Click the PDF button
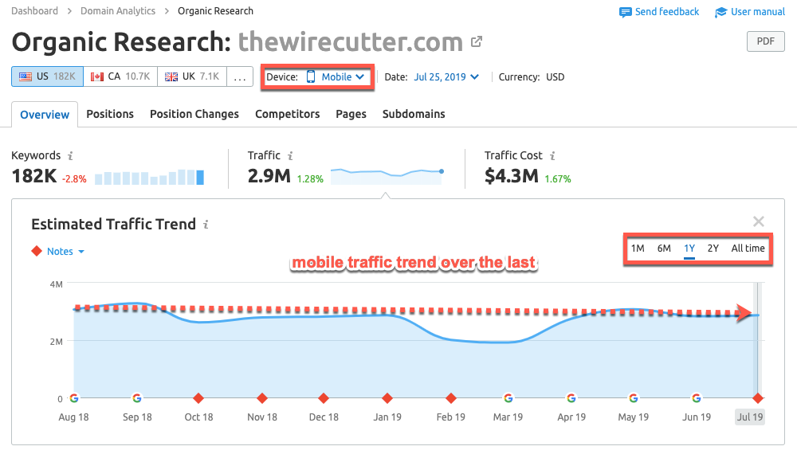click(x=765, y=42)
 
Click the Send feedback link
click(x=659, y=12)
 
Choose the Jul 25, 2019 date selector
click(x=446, y=77)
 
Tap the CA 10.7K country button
click(x=120, y=76)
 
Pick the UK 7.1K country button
click(x=191, y=76)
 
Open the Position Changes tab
click(x=194, y=114)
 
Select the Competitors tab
click(x=287, y=114)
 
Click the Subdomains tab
click(x=414, y=114)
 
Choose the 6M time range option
click(x=664, y=249)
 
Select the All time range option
click(x=748, y=249)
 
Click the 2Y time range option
click(x=713, y=249)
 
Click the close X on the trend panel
click(x=759, y=222)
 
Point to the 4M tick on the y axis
click(x=57, y=284)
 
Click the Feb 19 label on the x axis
click(x=450, y=417)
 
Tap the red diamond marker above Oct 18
click(x=198, y=398)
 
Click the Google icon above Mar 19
click(x=508, y=398)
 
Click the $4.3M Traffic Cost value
click(x=512, y=176)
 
